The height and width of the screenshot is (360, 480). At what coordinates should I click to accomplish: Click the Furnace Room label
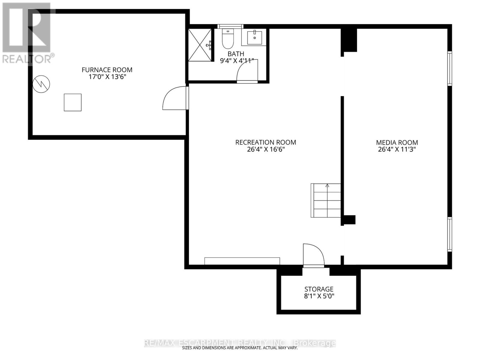coord(107,70)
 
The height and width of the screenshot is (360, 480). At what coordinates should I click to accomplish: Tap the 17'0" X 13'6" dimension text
coord(107,77)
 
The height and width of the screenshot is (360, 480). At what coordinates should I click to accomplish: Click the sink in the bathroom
coord(254,37)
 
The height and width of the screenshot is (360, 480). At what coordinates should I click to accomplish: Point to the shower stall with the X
coord(200,45)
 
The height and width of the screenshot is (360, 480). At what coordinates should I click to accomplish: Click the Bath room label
coord(236,54)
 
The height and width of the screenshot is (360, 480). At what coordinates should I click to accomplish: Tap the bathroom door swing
coord(247,73)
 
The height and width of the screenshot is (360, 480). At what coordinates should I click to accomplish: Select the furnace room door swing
coord(175,98)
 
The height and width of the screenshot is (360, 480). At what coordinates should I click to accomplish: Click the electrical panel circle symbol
coord(41,84)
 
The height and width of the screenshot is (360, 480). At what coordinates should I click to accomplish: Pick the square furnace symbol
coord(73,102)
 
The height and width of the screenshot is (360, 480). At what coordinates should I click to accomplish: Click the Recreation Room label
coord(265,142)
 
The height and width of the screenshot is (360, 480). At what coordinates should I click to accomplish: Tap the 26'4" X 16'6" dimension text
coord(265,149)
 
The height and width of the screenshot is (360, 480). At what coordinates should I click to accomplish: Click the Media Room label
coord(397,142)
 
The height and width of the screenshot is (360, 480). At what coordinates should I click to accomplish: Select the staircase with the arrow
coord(326,200)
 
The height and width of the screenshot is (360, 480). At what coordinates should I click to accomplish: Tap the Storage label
coord(319,289)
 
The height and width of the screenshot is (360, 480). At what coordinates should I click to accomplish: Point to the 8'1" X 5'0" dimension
coord(319,296)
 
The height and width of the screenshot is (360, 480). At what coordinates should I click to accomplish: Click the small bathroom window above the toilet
coord(230,26)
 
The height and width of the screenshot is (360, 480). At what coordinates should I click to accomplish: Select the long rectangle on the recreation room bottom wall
coord(242,261)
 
